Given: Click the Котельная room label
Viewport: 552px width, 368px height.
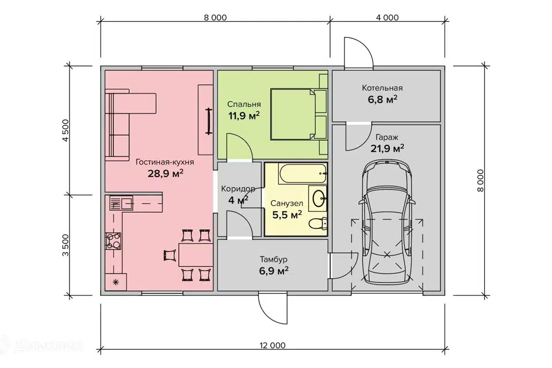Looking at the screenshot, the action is pos(382,87).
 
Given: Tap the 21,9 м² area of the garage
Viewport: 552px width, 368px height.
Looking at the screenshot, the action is pos(387,148).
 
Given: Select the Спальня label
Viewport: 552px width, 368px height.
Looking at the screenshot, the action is pos(244,104).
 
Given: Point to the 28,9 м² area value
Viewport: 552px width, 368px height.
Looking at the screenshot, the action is pos(166,173).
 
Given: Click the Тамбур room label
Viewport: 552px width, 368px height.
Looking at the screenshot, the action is pos(274,259).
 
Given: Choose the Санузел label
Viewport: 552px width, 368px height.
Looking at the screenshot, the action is pos(287,203).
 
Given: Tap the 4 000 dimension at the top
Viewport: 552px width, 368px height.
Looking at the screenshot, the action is pos(387,18).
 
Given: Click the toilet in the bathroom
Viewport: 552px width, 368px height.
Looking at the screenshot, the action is pos(318,224).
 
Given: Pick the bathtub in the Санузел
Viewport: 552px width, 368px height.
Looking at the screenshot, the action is pos(303,173).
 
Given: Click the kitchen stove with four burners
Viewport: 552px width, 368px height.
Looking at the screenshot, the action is pos(113,241).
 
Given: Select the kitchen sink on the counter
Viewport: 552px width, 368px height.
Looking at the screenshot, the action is pos(121,203).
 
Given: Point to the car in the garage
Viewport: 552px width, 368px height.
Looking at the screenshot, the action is pos(386,223).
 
